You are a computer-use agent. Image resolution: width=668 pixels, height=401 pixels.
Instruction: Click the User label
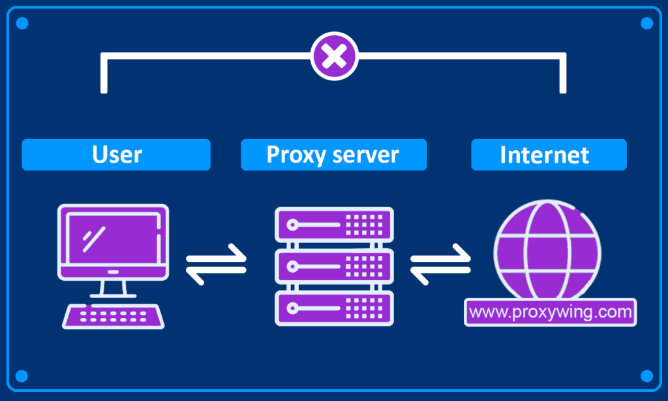pyautogui.click(x=116, y=155)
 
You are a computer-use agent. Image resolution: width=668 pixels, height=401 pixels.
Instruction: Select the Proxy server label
pyautogui.click(x=333, y=155)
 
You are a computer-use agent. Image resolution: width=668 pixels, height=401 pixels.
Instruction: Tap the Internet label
pyautogui.click(x=548, y=155)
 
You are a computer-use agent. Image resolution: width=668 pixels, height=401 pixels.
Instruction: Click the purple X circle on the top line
pyautogui.click(x=335, y=57)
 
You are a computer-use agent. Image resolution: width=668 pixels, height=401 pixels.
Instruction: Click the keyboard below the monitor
pyautogui.click(x=114, y=317)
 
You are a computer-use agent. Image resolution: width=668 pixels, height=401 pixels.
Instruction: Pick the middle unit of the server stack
pyautogui.click(x=334, y=266)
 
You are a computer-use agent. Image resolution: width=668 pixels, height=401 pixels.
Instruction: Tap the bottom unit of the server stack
pyautogui.click(x=334, y=307)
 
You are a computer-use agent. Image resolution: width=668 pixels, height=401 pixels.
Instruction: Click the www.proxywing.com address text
pyautogui.click(x=550, y=312)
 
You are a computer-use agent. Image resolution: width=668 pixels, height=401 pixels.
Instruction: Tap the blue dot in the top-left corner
pyautogui.click(x=22, y=24)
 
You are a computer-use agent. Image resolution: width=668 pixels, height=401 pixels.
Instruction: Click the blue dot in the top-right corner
pyautogui.click(x=646, y=24)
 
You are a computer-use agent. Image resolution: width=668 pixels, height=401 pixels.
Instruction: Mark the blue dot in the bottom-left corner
pyautogui.click(x=22, y=376)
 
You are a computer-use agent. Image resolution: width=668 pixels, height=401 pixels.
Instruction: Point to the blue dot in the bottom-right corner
pyautogui.click(x=646, y=376)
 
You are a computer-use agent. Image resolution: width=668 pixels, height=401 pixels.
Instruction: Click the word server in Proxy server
pyautogui.click(x=369, y=155)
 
